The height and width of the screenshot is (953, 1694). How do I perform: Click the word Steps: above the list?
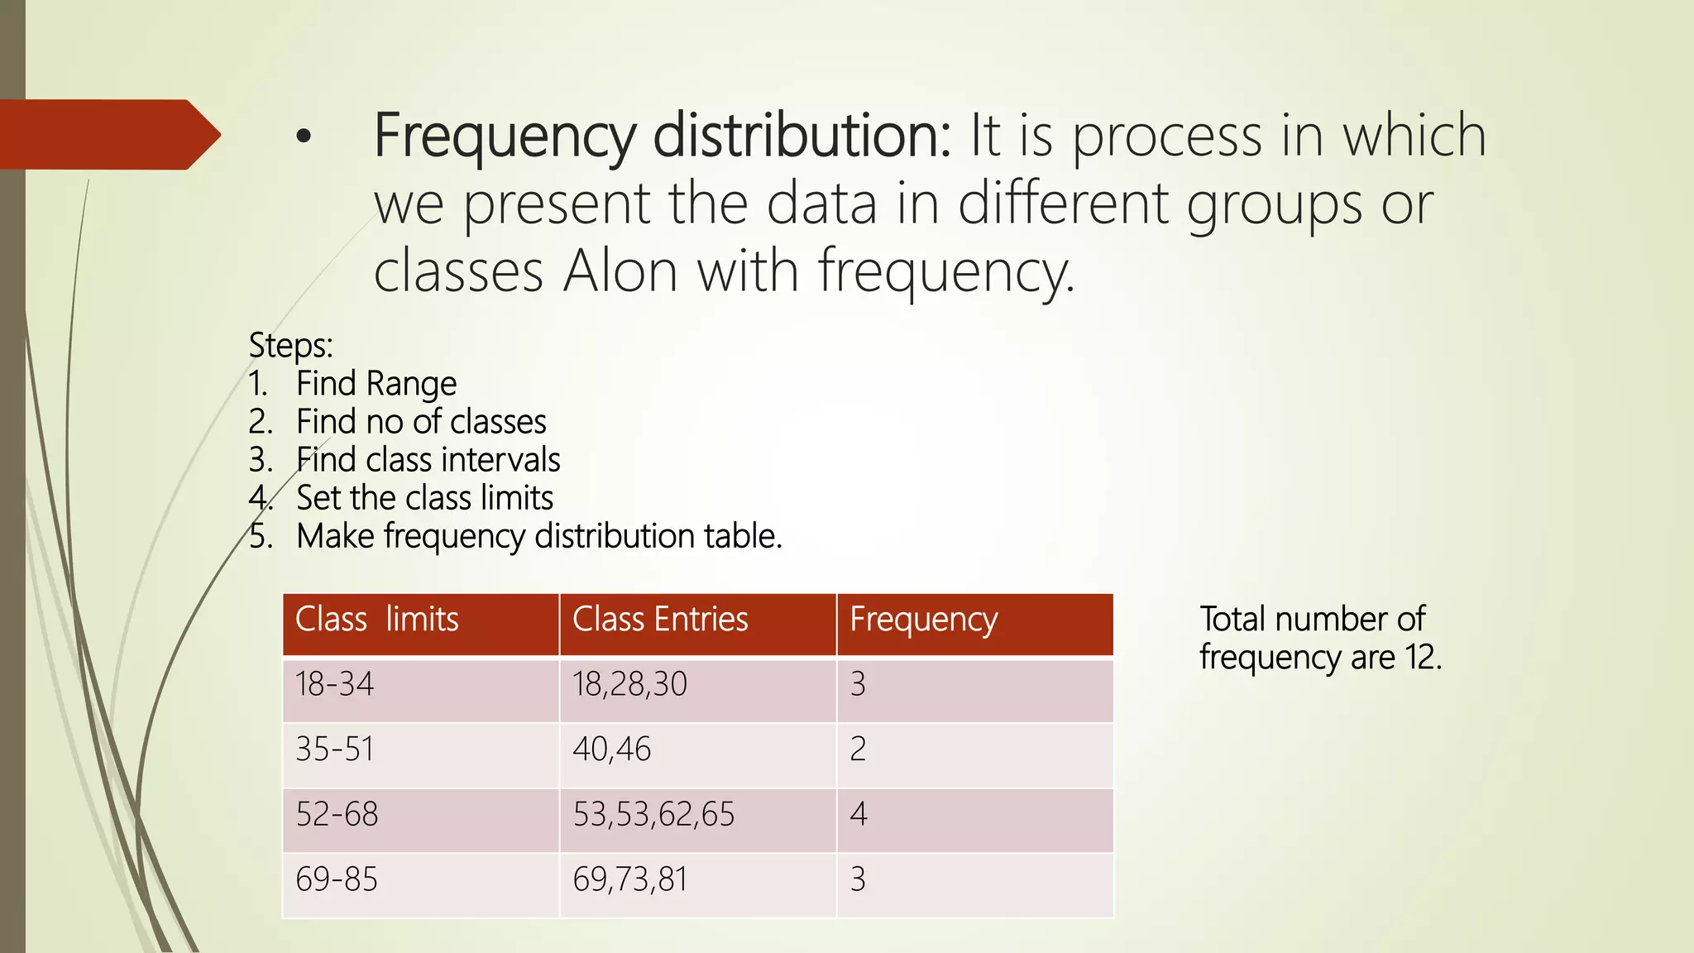click(290, 346)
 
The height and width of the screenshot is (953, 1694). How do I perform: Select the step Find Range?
click(376, 384)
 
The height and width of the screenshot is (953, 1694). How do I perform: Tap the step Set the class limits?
click(424, 498)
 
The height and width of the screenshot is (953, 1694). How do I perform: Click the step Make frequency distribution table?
click(538, 536)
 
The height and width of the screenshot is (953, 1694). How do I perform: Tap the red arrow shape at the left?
click(108, 134)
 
